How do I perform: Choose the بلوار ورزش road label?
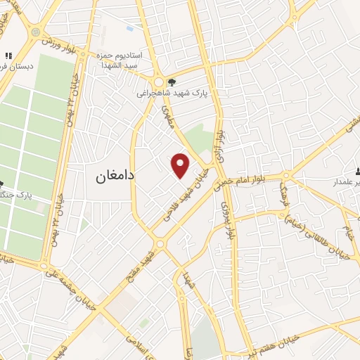[x=60, y=44]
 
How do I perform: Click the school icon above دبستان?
[x=8, y=56]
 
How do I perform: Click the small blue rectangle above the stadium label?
[x=129, y=29]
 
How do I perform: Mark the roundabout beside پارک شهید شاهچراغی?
[x=161, y=79]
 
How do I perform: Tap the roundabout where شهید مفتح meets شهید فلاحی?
[x=160, y=244]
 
